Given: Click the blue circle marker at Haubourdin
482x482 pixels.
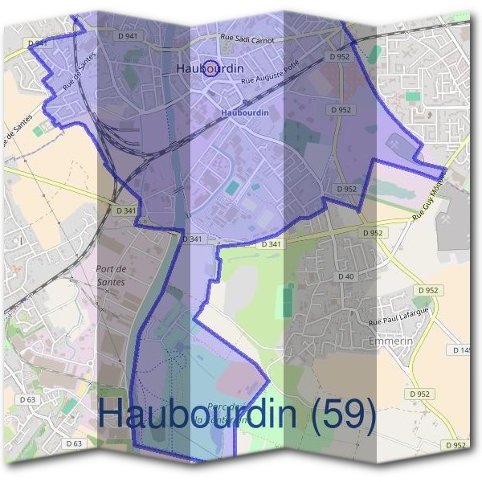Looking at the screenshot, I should click(x=210, y=68).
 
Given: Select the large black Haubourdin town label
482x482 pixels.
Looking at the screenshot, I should click(x=210, y=69).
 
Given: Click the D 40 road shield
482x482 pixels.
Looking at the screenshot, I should click(x=346, y=276).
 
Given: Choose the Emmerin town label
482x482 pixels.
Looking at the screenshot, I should click(x=391, y=341).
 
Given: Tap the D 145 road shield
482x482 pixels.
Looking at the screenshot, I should click(x=462, y=350).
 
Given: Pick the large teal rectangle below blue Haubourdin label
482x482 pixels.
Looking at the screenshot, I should click(x=232, y=188).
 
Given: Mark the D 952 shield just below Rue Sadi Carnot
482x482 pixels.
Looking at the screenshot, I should click(x=339, y=57).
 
